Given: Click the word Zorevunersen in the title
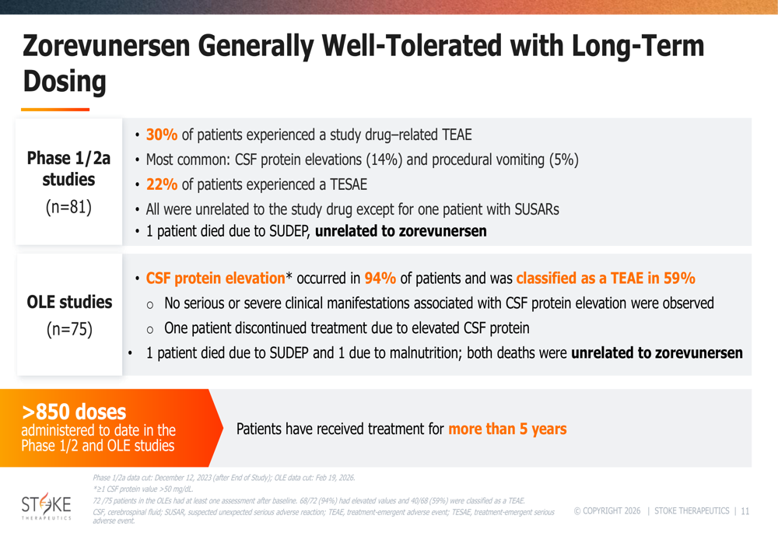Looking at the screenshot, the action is (x=107, y=46).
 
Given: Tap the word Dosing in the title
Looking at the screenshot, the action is (x=65, y=82).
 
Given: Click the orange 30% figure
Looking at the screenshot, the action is (x=162, y=135).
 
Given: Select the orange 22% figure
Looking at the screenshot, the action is (x=162, y=184).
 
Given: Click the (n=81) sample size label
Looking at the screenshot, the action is (x=68, y=207).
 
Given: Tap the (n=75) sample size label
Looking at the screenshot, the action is (x=69, y=329).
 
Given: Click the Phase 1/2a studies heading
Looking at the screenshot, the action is (x=68, y=169).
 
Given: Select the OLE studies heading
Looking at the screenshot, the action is (x=69, y=302).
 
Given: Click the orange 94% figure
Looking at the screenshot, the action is (x=380, y=279).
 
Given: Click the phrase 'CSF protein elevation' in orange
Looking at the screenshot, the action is (x=216, y=279).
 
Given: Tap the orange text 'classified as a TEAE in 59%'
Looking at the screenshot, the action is (x=606, y=279).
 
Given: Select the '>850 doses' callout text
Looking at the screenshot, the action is (x=74, y=412).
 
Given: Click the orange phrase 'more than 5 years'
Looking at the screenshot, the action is (x=507, y=429).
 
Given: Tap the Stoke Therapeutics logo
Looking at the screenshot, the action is (x=46, y=506).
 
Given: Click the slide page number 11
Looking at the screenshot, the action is (x=745, y=511).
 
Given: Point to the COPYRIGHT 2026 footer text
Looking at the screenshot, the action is (x=608, y=511).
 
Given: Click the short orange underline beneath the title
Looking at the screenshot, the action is (x=55, y=109).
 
